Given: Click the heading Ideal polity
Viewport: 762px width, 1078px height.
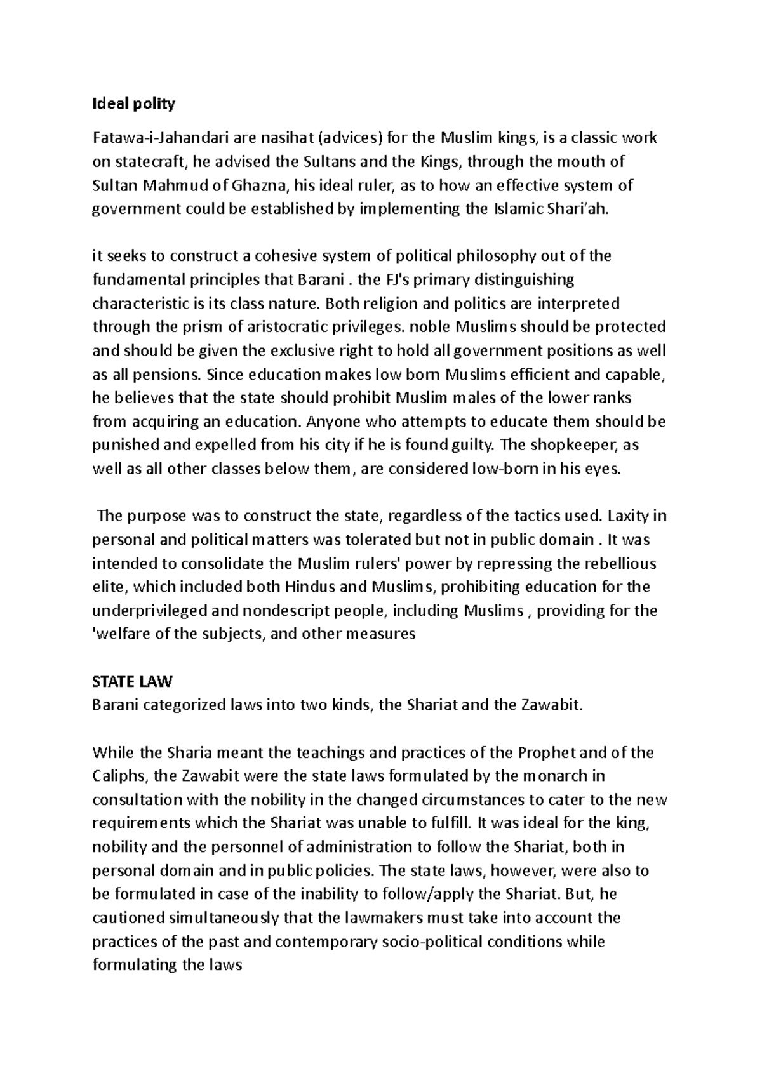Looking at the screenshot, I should coord(133,104).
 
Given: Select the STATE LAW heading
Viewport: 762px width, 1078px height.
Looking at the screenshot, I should coord(132,682).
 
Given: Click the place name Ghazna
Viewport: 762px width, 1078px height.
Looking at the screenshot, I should coord(261,186).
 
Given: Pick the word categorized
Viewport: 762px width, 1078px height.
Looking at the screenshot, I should coord(182,705).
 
